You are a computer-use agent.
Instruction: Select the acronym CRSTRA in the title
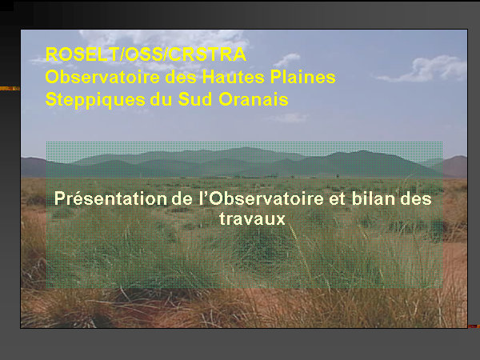(207, 54)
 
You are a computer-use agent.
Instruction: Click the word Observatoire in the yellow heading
(102, 77)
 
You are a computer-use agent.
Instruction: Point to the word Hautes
(234, 77)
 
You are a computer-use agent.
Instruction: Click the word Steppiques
(95, 100)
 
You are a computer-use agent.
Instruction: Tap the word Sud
(195, 99)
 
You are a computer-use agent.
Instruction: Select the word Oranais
(254, 99)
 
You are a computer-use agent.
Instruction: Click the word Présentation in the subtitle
(110, 198)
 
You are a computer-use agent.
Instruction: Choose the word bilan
(373, 198)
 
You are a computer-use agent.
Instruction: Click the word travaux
(252, 219)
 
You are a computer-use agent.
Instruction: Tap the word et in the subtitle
(338, 199)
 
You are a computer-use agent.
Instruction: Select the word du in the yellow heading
(162, 99)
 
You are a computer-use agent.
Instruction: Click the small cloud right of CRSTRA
(286, 60)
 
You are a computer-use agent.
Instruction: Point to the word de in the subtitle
(182, 198)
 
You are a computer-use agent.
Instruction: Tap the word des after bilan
(416, 198)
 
